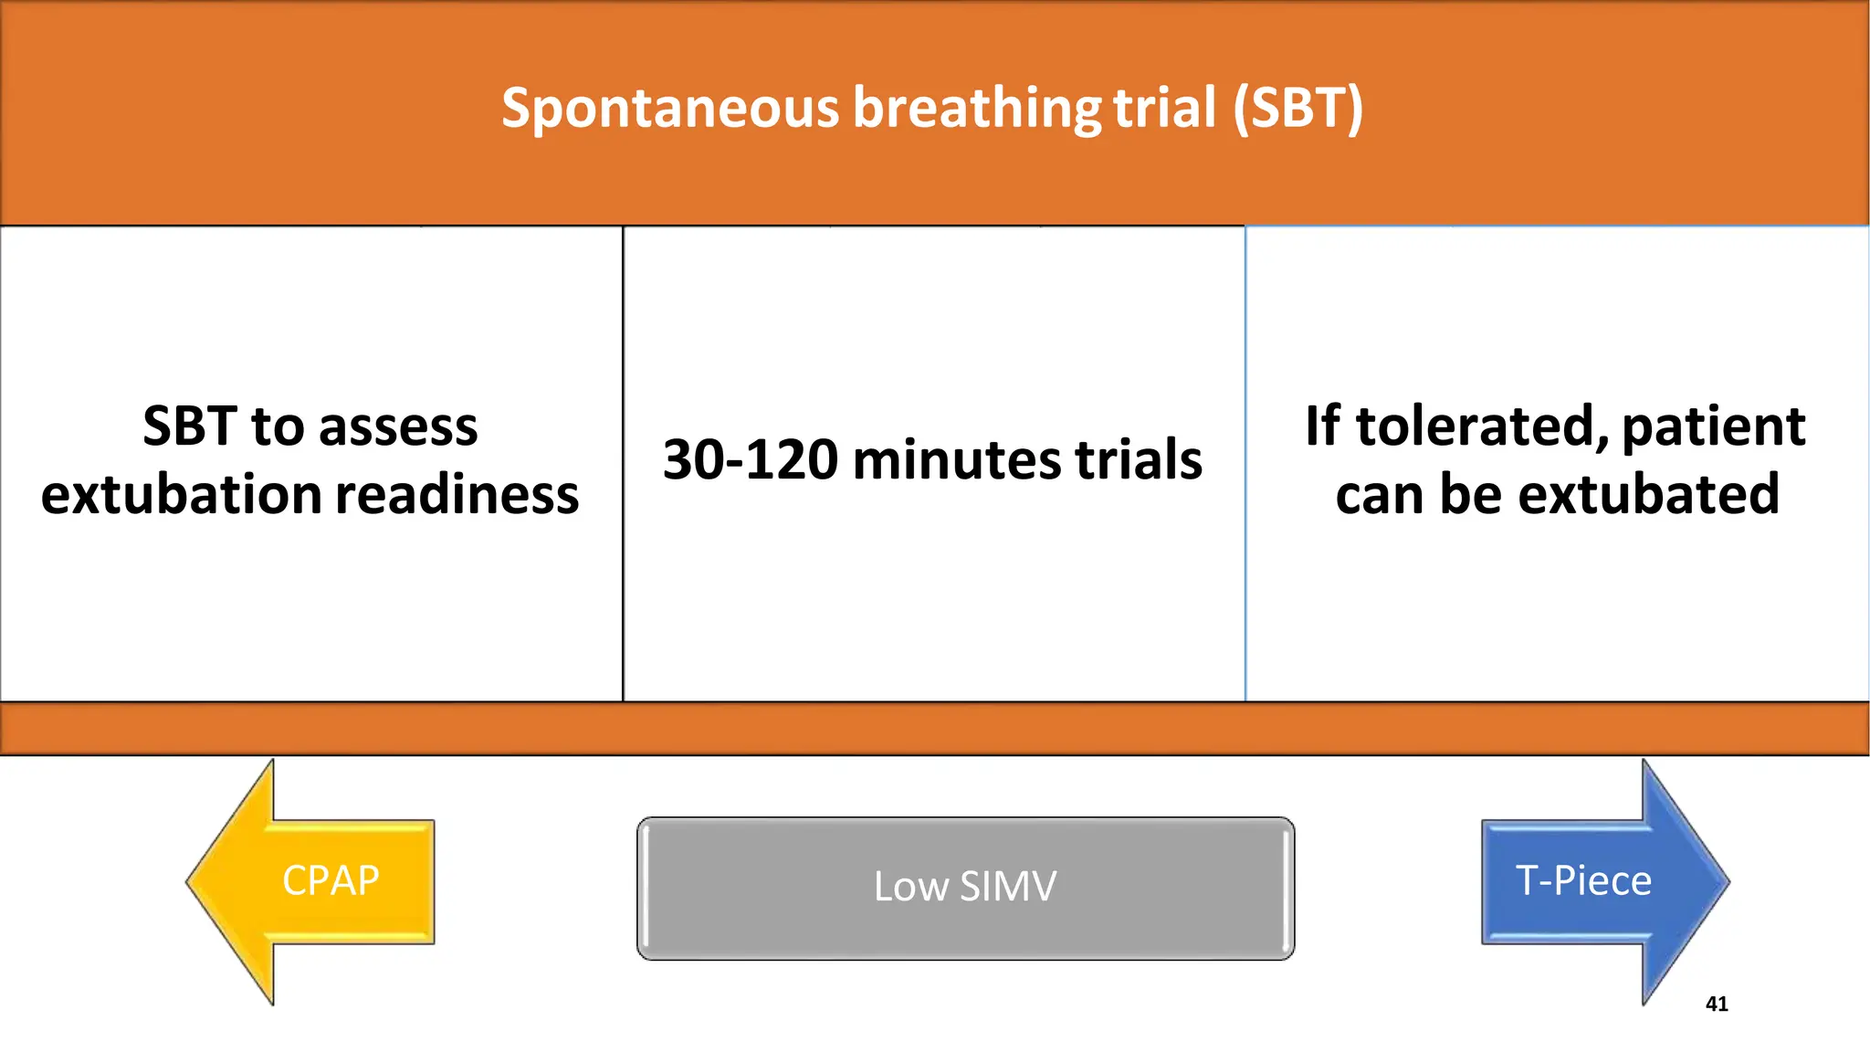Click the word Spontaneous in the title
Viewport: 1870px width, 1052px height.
point(669,109)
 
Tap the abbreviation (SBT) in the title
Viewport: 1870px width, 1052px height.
point(1297,109)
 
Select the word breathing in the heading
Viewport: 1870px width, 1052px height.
point(977,109)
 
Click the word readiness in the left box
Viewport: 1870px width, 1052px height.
point(457,495)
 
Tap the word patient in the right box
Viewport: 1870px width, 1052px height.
point(1713,426)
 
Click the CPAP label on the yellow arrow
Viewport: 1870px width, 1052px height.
point(331,881)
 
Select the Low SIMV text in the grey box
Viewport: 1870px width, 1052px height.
point(965,887)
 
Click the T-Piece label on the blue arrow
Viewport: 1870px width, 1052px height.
point(1583,881)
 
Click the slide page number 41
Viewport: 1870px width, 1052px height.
point(1717,1005)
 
